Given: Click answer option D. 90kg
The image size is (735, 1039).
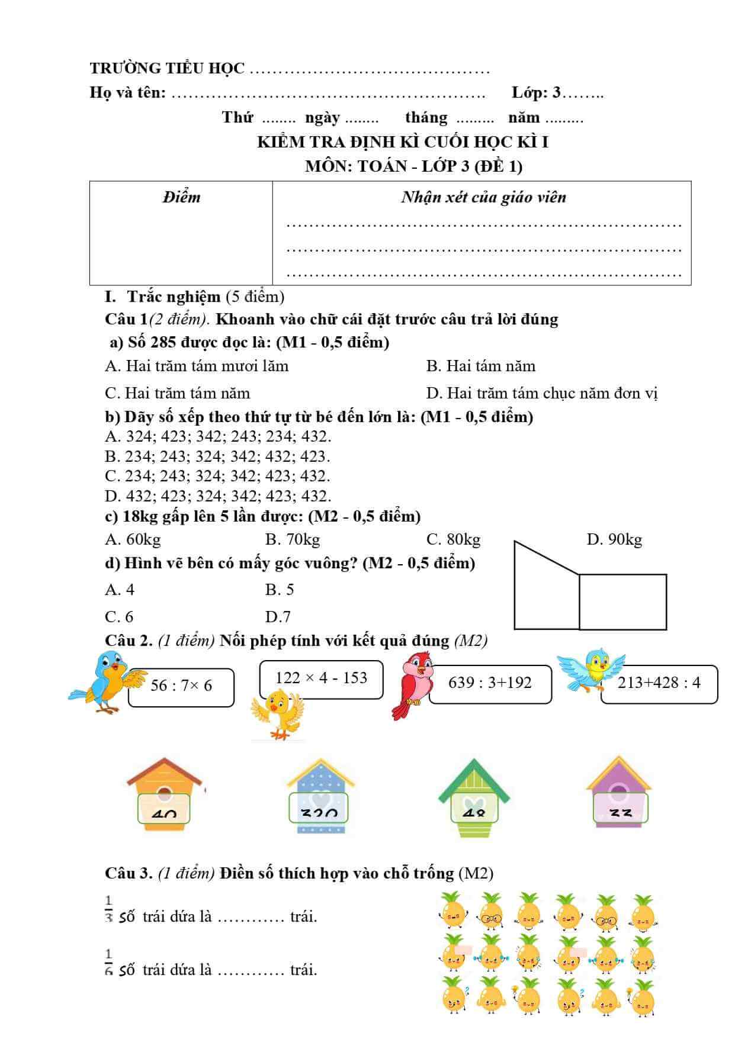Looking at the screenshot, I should coord(614,539).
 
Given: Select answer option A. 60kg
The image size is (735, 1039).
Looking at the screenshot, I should coord(133,539).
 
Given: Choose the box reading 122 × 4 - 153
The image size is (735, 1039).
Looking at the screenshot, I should coord(321,678).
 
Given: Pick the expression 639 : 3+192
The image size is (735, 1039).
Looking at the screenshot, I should coord(490,683).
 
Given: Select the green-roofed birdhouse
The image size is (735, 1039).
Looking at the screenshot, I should coord(474,792).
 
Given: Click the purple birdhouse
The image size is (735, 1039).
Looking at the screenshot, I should coord(619,790).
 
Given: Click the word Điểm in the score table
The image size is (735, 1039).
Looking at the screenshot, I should coord(181,197).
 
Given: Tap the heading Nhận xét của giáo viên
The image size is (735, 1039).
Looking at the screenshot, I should coord(483,197).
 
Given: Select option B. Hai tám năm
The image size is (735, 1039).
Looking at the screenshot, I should coord(480,366).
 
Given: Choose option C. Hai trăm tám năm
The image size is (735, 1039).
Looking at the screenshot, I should coord(177,393).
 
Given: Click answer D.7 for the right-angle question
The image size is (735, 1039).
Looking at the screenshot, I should coord(278,617).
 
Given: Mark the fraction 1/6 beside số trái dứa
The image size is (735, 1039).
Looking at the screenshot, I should coord(109,962).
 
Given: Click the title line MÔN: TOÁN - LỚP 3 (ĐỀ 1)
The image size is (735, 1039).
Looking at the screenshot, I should coord(413,166).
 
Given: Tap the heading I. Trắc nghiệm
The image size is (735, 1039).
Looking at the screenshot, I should coord(162,297).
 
